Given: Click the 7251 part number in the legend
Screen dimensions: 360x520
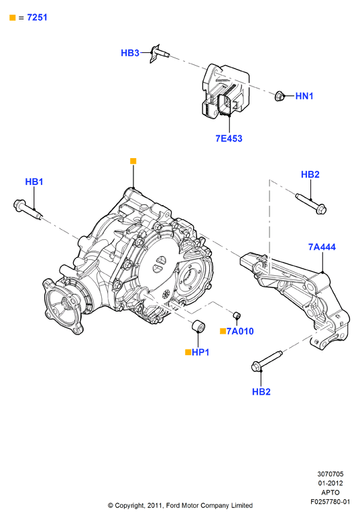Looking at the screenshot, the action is pyautogui.click(x=37, y=17).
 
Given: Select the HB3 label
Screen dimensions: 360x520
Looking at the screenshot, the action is pyautogui.click(x=130, y=53).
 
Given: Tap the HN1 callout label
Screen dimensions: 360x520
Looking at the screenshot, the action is pyautogui.click(x=304, y=96).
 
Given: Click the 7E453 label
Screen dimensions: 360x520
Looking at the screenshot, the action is pyautogui.click(x=229, y=138).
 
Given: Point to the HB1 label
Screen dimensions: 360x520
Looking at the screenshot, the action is pyautogui.click(x=34, y=182).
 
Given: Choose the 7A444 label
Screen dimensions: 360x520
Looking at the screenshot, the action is pyautogui.click(x=322, y=247).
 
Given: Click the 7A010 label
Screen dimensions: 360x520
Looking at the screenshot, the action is pyautogui.click(x=240, y=331).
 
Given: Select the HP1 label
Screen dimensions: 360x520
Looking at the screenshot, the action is pyautogui.click(x=200, y=352).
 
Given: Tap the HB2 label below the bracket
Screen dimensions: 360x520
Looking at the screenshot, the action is pyautogui.click(x=261, y=391).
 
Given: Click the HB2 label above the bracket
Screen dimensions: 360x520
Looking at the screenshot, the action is pyautogui.click(x=310, y=174).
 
